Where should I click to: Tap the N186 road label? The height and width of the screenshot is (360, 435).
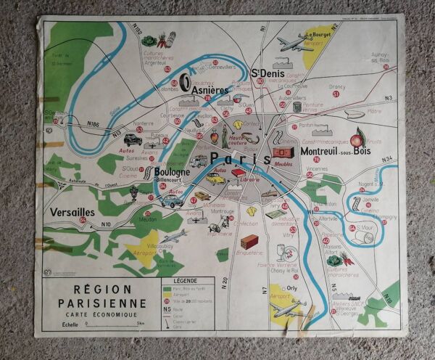point(94,125)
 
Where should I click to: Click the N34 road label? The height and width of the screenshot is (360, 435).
point(387,159)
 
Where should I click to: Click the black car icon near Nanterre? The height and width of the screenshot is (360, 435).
point(133,139)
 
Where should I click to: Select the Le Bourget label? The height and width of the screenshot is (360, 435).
point(318,34)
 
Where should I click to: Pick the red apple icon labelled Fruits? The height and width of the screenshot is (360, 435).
point(356,137)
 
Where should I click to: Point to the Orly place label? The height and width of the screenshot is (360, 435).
point(292,287)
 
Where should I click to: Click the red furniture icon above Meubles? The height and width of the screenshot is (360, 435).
point(281,152)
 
